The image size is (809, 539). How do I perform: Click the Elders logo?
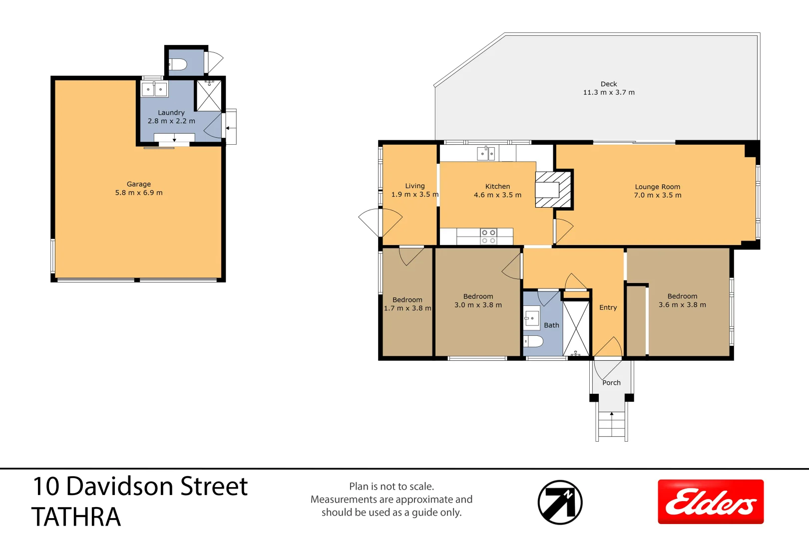pyautogui.click(x=710, y=502)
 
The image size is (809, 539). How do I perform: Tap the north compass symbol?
pyautogui.click(x=560, y=502)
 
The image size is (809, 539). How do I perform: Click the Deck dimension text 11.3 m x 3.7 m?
pyautogui.click(x=609, y=92)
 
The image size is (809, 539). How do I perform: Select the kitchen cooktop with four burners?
pyautogui.click(x=488, y=237)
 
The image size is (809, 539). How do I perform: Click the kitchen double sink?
pyautogui.click(x=486, y=153)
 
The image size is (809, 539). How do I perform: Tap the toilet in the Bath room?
pyautogui.click(x=533, y=341)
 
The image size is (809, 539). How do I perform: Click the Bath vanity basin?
pyautogui.click(x=531, y=318)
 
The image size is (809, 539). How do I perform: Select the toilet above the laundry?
pyautogui.click(x=178, y=64)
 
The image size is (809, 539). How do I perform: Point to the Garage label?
pyautogui.click(x=139, y=184)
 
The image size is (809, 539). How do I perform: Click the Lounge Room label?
pyautogui.click(x=657, y=187)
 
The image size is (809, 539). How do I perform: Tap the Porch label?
pyautogui.click(x=611, y=383)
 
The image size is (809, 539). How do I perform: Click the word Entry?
pyautogui.click(x=608, y=307)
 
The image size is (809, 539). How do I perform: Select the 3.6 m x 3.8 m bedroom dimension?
pyautogui.click(x=682, y=305)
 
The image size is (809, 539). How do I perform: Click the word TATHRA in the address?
pyautogui.click(x=76, y=517)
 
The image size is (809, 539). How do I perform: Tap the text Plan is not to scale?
pyautogui.click(x=392, y=486)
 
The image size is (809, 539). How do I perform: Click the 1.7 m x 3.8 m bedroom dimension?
pyautogui.click(x=407, y=308)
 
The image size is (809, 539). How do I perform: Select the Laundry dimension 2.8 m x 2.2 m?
pyautogui.click(x=171, y=121)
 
